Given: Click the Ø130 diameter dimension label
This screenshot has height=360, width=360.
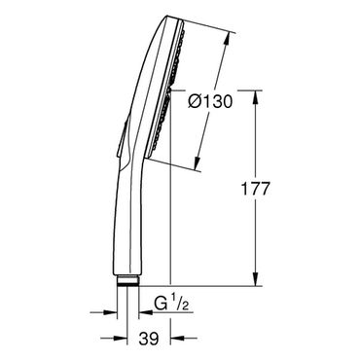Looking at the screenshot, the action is coord(210,101).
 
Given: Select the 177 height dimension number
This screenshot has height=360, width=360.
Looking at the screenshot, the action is coord(255,189).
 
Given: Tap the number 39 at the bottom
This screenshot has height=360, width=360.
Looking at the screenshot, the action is coord(149,339).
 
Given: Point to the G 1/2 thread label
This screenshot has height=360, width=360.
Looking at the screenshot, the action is coord(171,304).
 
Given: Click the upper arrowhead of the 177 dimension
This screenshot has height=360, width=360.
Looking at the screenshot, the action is coord(256,97).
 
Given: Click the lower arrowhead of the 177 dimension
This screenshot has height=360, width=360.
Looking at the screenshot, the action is coord(256,279).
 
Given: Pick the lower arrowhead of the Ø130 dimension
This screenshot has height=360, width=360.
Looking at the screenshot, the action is coord(198,162).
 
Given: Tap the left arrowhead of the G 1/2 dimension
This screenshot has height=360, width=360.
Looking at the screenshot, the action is coord(110,312).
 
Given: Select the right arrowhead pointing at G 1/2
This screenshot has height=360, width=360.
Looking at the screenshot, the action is coord(146,312).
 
